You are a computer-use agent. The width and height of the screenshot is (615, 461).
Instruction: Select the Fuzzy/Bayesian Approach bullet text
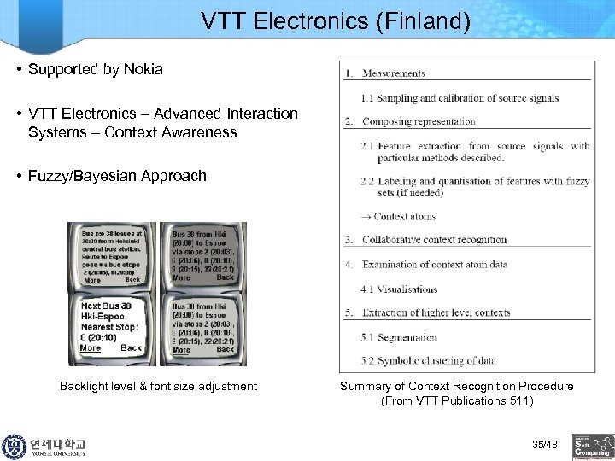(x=117, y=176)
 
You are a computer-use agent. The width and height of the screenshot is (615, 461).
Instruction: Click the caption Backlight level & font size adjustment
(x=158, y=387)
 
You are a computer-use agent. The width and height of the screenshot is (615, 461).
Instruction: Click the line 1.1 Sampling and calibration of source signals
(x=460, y=98)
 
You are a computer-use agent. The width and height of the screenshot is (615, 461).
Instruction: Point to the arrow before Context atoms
(x=366, y=217)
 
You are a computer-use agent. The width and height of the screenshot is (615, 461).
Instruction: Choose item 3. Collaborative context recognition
(x=434, y=240)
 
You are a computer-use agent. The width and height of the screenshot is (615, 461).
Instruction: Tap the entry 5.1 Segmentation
(x=399, y=337)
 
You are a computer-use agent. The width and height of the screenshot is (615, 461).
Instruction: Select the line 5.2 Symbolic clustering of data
(x=428, y=360)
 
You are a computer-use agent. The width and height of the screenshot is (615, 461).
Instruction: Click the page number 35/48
(x=544, y=445)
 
